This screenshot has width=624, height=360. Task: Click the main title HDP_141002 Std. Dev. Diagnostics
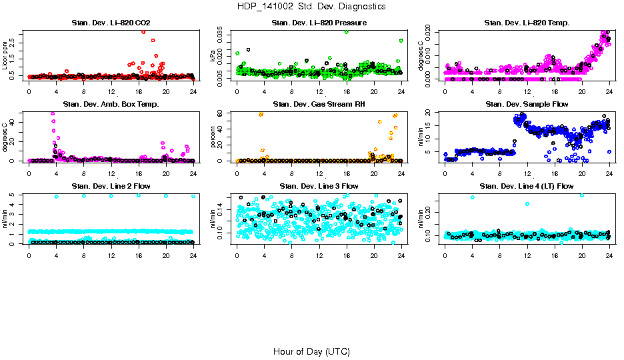(311, 7)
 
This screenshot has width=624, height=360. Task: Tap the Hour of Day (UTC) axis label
(311, 351)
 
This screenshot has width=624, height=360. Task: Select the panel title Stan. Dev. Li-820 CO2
(111, 23)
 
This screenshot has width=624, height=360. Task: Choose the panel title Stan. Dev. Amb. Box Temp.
(111, 105)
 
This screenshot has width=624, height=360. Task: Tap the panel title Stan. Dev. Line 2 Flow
(111, 186)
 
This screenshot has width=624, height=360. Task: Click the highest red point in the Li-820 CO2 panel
(143, 32)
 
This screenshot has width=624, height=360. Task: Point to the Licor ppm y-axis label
(5, 55)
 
